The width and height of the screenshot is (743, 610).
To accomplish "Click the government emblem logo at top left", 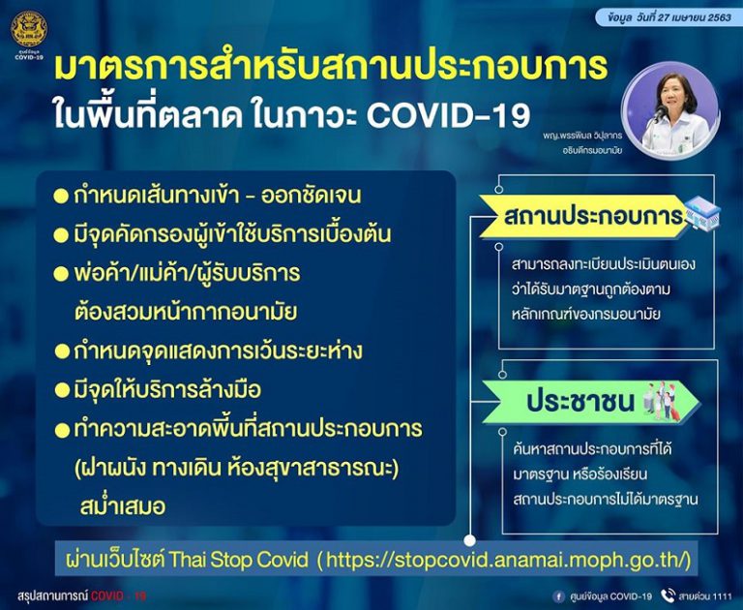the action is tap(29, 29).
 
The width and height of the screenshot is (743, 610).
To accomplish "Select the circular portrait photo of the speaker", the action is tap(670, 110).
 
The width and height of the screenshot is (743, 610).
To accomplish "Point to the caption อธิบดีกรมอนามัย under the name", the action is tap(591, 150).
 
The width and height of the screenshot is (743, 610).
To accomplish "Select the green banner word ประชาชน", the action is tap(580, 402).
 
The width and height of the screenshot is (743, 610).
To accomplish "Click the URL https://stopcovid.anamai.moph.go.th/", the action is tap(508, 561).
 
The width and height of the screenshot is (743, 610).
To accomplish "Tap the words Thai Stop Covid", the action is tap(238, 561).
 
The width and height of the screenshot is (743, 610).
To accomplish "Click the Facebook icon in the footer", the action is tap(559, 596).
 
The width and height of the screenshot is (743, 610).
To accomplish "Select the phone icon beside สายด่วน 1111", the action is tap(669, 595).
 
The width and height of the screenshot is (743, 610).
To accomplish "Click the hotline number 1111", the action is tap(722, 596).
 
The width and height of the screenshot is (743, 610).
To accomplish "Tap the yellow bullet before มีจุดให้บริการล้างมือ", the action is tap(62, 390).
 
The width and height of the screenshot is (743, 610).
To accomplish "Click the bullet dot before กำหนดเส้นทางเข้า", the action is tap(62, 196).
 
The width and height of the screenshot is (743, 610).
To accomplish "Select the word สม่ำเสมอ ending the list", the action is tap(123, 506).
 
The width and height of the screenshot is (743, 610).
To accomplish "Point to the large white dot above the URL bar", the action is tap(469, 540).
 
